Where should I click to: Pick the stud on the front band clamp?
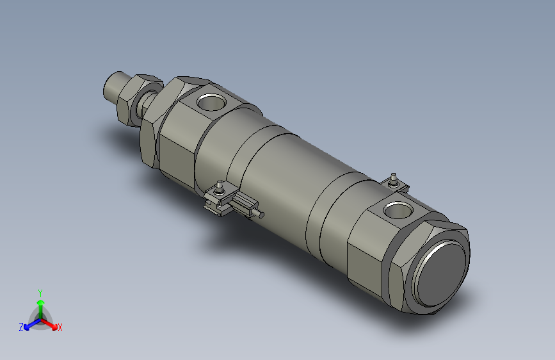point(220,187)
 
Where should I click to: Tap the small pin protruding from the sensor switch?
point(259,213)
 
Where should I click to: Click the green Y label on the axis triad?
point(40,291)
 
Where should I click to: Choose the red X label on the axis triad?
point(60,327)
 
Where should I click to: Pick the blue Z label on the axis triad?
point(20,327)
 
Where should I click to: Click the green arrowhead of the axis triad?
point(40,302)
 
